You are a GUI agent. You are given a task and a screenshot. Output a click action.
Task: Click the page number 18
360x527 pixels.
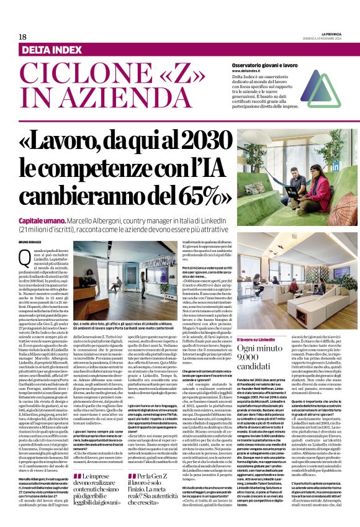coord(22,37)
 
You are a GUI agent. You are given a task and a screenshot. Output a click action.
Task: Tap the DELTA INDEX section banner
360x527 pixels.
coord(53,50)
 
